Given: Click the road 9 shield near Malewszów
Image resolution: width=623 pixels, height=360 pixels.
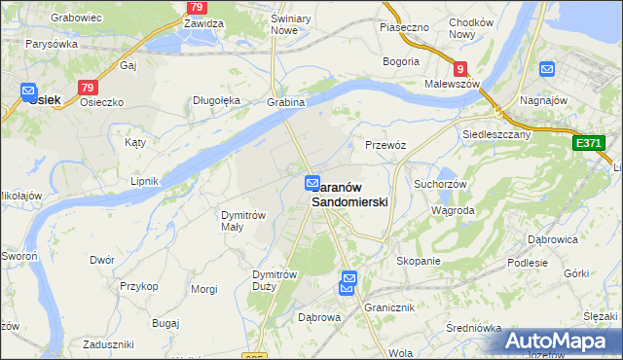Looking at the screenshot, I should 460,69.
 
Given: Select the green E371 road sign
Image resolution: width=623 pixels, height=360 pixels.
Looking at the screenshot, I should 588,143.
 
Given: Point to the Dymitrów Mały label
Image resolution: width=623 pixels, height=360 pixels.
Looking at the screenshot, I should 243,221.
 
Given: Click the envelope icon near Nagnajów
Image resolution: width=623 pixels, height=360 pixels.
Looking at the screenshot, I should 546,70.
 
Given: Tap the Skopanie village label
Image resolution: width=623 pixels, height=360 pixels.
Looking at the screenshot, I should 419,261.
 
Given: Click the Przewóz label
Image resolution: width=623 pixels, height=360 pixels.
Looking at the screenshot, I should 385,144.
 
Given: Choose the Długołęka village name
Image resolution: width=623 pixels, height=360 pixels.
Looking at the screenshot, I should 216,100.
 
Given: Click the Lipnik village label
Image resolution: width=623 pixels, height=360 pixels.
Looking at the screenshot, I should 144,181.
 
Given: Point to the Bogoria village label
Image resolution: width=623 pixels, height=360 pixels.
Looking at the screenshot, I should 401,61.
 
